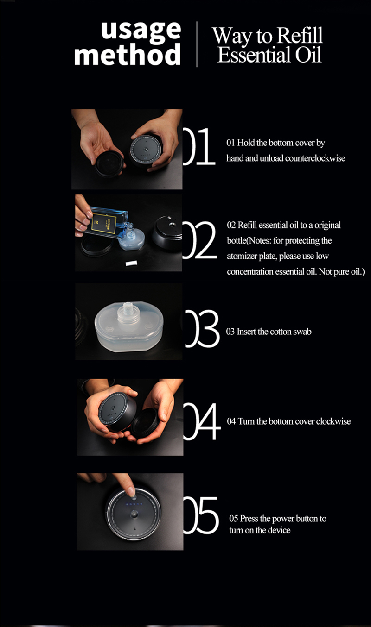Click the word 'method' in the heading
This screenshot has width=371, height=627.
pos(128,54)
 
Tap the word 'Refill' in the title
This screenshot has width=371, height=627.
pos(300,36)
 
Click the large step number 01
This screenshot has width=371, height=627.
pos(199,146)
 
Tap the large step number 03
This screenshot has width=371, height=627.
pos(202,329)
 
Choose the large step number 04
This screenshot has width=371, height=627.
pos(202,421)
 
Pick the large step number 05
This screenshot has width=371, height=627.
pos(201,515)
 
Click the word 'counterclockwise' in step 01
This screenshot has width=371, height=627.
pos(315,158)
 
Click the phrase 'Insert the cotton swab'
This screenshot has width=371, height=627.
pos(274,332)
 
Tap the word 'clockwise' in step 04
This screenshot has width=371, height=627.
pos(333,421)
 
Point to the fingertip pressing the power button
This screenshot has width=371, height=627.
pos(131,491)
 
